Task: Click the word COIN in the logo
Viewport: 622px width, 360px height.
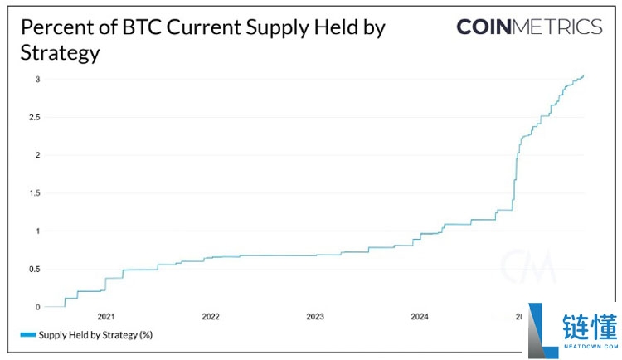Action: (484, 27)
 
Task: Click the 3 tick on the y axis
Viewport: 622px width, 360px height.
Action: (36, 79)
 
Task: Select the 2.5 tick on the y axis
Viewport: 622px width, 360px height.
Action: (34, 117)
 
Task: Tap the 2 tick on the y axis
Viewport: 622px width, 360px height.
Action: (36, 155)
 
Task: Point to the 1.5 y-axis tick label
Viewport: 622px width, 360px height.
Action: (34, 193)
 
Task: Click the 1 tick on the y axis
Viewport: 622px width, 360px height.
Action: (36, 231)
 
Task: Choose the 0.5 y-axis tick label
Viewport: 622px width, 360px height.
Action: (34, 269)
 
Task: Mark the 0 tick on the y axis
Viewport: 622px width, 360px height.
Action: (36, 307)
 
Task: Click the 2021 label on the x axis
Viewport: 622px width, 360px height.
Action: (106, 317)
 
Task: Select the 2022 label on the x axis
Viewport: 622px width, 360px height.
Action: (211, 317)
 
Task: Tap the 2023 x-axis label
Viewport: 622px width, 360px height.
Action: (315, 317)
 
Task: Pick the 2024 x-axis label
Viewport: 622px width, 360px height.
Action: (420, 317)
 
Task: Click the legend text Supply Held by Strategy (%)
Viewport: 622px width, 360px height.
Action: (96, 335)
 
